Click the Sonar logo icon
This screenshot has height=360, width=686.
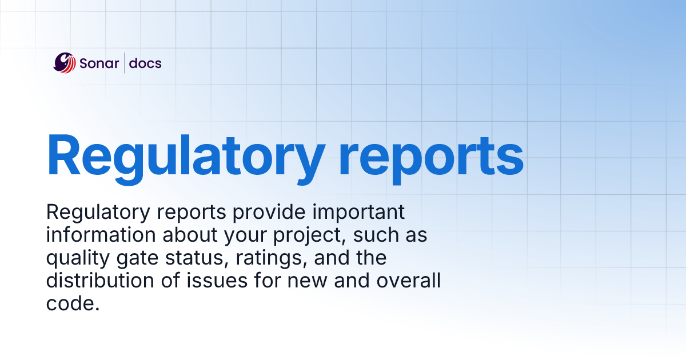pos(64,62)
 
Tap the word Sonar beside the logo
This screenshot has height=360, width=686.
pos(99,63)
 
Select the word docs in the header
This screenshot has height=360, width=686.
pos(145,63)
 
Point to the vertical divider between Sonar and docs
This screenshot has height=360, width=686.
pos(125,63)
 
